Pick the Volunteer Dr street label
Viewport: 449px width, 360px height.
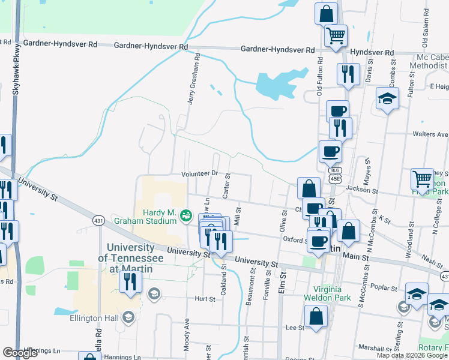[200, 174]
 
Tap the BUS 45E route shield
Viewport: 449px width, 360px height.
[334, 175]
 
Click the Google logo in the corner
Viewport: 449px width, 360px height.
[20, 353]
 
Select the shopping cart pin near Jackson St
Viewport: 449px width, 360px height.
[423, 178]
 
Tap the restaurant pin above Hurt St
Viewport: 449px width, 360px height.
[130, 281]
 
